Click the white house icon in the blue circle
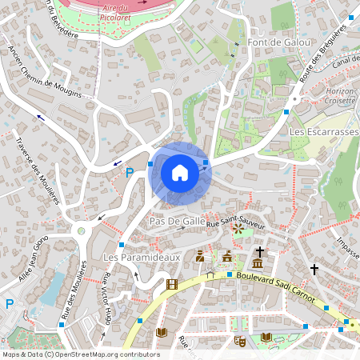pyautogui.click(x=180, y=172)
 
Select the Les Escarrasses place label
pyautogui.click(x=323, y=130)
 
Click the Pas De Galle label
pyautogui.click(x=177, y=220)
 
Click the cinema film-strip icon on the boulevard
pyautogui.click(x=171, y=284)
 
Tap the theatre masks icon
pyautogui.click(x=238, y=340)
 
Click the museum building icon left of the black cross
pyautogui.click(x=258, y=263)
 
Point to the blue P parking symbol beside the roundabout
pyautogui.click(x=129, y=173)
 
